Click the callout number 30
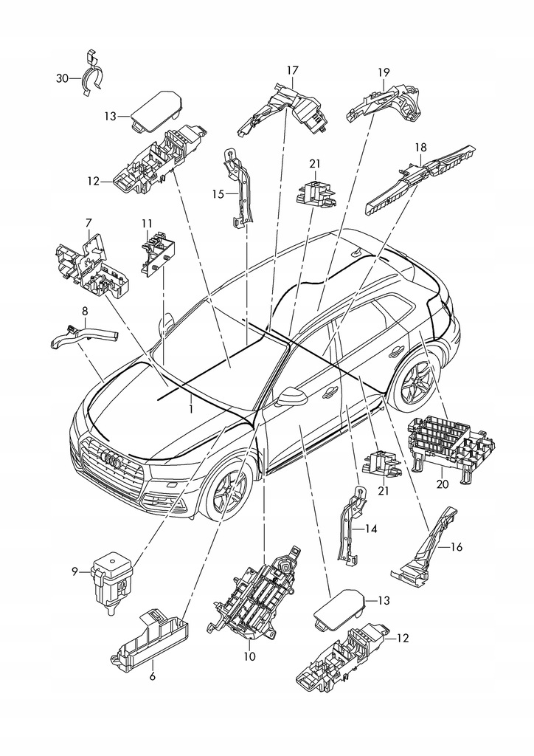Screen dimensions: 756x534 (63, 78)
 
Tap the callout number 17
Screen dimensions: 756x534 (292, 70)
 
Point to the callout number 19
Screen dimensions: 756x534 (384, 72)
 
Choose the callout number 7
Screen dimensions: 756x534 (89, 222)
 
